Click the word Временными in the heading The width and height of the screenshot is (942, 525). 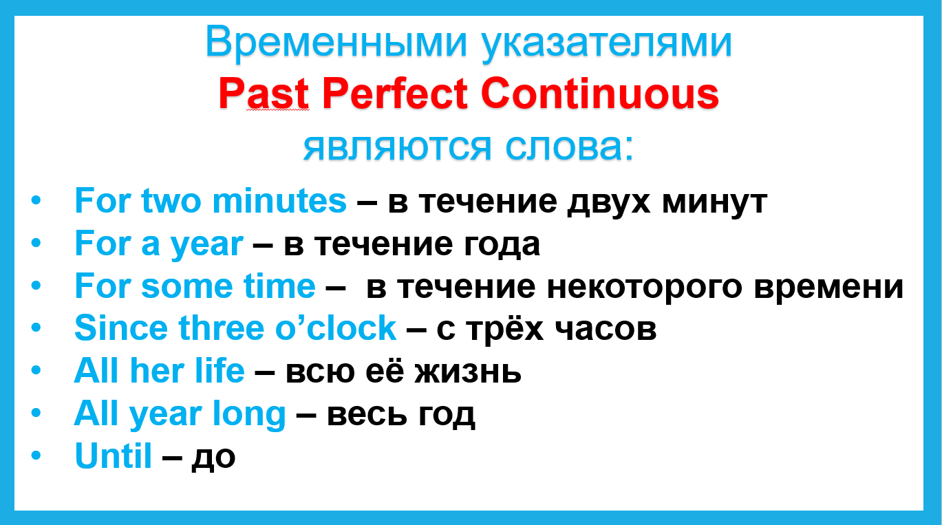(336, 42)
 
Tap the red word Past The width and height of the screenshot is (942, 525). (264, 94)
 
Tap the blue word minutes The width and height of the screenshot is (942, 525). (279, 201)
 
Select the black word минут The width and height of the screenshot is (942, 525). (715, 203)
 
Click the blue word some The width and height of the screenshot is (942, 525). (187, 286)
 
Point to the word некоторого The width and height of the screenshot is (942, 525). (645, 288)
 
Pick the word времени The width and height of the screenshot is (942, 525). (829, 288)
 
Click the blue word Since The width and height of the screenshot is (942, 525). (121, 328)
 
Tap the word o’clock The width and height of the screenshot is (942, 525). (336, 328)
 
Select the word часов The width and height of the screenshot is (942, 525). (606, 330)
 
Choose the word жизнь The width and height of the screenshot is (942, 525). (468, 372)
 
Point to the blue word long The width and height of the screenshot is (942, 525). (249, 415)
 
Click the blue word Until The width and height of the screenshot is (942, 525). (113, 456)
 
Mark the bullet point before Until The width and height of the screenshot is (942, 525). (36, 456)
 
